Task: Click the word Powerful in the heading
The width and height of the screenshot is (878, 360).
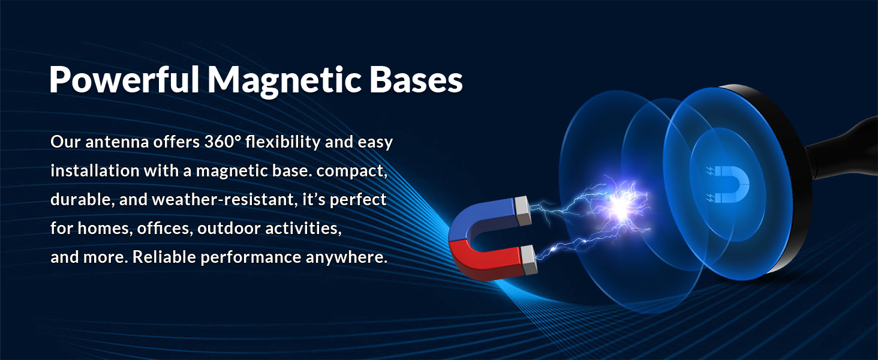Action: pyautogui.click(x=124, y=80)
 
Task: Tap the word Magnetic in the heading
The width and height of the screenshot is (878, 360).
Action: pyautogui.click(x=284, y=81)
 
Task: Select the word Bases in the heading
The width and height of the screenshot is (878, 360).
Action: pyautogui.click(x=416, y=80)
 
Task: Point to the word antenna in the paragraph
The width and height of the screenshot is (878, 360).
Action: pyautogui.click(x=117, y=142)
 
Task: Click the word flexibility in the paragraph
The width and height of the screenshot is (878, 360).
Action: pyautogui.click(x=282, y=142)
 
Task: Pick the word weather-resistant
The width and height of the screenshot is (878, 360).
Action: pyautogui.click(x=223, y=200)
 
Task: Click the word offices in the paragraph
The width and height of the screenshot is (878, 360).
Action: pyautogui.click(x=164, y=228)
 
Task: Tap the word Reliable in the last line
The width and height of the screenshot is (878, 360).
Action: pyautogui.click(x=164, y=257)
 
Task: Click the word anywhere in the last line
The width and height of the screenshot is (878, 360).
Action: pyautogui.click(x=346, y=257)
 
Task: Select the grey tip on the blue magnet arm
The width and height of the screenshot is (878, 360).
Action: pyautogui.click(x=522, y=211)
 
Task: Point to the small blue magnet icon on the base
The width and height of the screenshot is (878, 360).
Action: pyautogui.click(x=728, y=184)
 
